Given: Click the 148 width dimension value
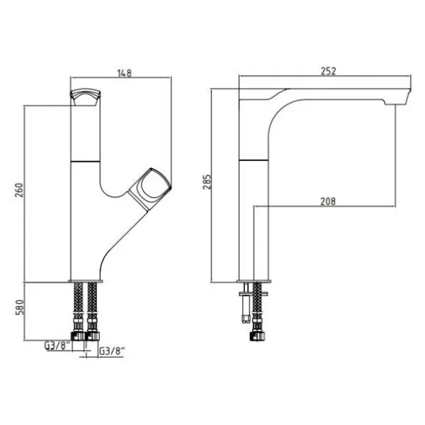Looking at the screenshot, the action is pyautogui.click(x=125, y=73).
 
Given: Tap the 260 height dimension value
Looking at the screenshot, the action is pyautogui.click(x=20, y=190).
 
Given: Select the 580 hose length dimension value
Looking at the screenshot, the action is pyautogui.click(x=20, y=307).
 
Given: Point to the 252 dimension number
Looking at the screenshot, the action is pyautogui.click(x=328, y=71).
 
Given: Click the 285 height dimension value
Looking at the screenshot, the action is pyautogui.click(x=207, y=182).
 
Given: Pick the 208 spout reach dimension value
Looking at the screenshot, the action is pyautogui.click(x=328, y=201).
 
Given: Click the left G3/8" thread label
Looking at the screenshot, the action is pyautogui.click(x=57, y=346).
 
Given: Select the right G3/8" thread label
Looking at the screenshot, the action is pyautogui.click(x=112, y=351).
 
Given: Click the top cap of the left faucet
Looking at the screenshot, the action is pyautogui.click(x=86, y=97).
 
